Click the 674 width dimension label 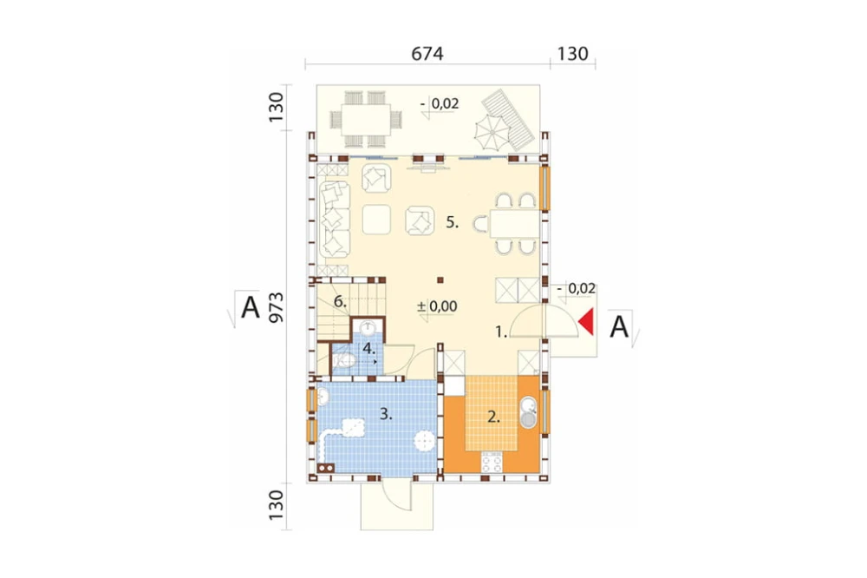pos(427,54)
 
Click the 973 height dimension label pos(276,307)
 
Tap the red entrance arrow pos(586,322)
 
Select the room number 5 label pos(453,222)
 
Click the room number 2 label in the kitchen pos(493,417)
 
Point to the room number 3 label pos(386,414)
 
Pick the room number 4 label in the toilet pos(369,349)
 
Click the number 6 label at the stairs pos(340,302)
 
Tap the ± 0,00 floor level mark pos(437,306)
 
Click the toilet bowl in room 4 pos(343,361)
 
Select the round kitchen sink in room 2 pos(529,413)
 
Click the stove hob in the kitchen pos(492,462)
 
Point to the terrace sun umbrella pos(492,132)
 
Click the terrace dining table pos(366,120)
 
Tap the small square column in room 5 pos(440,280)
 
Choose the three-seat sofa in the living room pos(335,220)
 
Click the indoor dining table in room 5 pos(515,224)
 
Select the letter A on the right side pos(619,326)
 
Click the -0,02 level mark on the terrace pos(440,103)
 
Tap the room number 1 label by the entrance pos(501,332)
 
